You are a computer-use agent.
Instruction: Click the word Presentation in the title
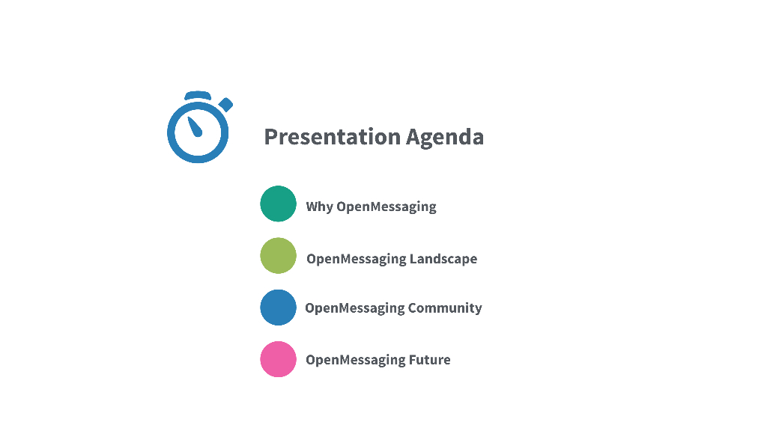pos(333,137)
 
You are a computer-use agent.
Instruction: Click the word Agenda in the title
pos(445,138)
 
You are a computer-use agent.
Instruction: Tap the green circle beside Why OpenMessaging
pos(279,204)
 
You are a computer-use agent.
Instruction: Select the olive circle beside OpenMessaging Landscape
pos(279,256)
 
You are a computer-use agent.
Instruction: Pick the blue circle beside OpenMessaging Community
pos(279,308)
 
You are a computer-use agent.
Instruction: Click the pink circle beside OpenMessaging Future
pos(279,359)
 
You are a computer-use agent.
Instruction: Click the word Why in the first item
pos(319,207)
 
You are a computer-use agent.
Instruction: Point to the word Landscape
pos(443,258)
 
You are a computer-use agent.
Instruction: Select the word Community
pos(445,308)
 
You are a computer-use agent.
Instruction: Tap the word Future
pos(429,360)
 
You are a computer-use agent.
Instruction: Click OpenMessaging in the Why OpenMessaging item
pos(386,207)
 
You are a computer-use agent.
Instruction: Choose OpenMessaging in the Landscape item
pos(356,260)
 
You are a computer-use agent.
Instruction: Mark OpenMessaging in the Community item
pos(354,309)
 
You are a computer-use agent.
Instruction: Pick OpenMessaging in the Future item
pos(356,361)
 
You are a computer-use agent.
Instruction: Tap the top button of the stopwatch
pos(198,95)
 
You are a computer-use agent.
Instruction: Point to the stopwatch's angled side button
pos(225,105)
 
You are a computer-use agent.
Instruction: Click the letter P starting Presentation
pos(270,137)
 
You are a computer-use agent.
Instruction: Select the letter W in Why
pos(313,207)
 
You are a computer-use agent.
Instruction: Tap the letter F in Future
pos(413,360)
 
